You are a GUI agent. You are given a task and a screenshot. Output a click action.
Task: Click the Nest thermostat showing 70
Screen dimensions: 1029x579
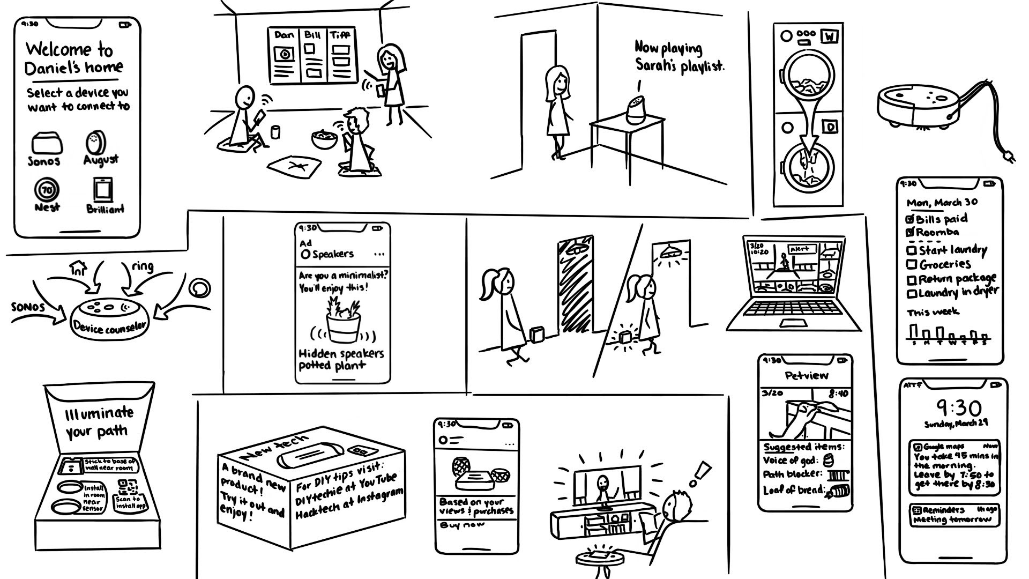point(47,190)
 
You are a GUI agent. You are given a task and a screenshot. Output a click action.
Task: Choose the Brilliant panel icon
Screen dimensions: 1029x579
point(103,190)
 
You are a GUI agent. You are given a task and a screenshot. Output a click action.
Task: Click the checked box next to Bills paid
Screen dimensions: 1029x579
point(910,219)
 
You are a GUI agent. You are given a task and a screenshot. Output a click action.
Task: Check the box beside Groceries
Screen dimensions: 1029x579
point(911,264)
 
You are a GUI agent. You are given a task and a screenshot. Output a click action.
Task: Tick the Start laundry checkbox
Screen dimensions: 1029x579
point(911,250)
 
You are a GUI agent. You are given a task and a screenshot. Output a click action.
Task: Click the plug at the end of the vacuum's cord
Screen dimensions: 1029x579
point(1008,157)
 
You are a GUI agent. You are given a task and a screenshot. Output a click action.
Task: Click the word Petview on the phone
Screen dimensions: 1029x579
point(806,375)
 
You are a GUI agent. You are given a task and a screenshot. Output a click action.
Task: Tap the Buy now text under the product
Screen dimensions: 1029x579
point(462,525)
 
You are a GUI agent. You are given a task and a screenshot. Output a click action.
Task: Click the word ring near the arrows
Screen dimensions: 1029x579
point(142,266)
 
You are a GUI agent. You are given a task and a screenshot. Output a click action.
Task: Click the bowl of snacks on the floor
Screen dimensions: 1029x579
point(325,138)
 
